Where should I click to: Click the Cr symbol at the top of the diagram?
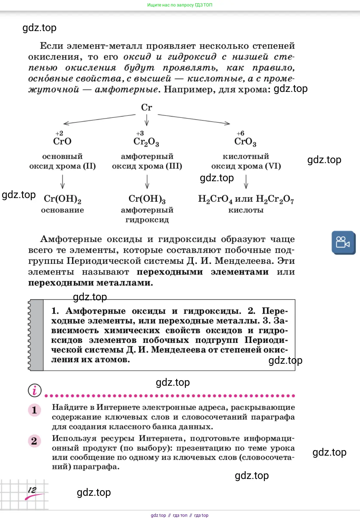(x=146, y=107)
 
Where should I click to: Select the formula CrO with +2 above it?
(x=62, y=141)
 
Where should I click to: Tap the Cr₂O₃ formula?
(x=146, y=142)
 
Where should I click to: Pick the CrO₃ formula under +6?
(x=245, y=142)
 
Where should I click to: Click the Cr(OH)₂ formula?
(x=62, y=199)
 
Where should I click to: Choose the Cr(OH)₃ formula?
(x=147, y=199)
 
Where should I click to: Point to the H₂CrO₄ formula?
(x=215, y=199)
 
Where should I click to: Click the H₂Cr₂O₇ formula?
(x=275, y=199)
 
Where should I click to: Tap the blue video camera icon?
(x=343, y=243)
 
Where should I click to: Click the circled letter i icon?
(x=35, y=390)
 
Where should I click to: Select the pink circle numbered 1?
(x=34, y=410)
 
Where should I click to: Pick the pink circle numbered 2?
(x=34, y=441)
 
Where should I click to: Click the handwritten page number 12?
(x=32, y=490)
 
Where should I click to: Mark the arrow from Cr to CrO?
(x=99, y=119)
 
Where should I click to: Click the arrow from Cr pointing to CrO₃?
(x=194, y=119)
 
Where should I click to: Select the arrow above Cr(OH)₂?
(x=62, y=182)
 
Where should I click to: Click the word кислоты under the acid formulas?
(x=246, y=210)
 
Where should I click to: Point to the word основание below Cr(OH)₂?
(x=62, y=210)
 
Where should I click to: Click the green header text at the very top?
(x=180, y=5)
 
